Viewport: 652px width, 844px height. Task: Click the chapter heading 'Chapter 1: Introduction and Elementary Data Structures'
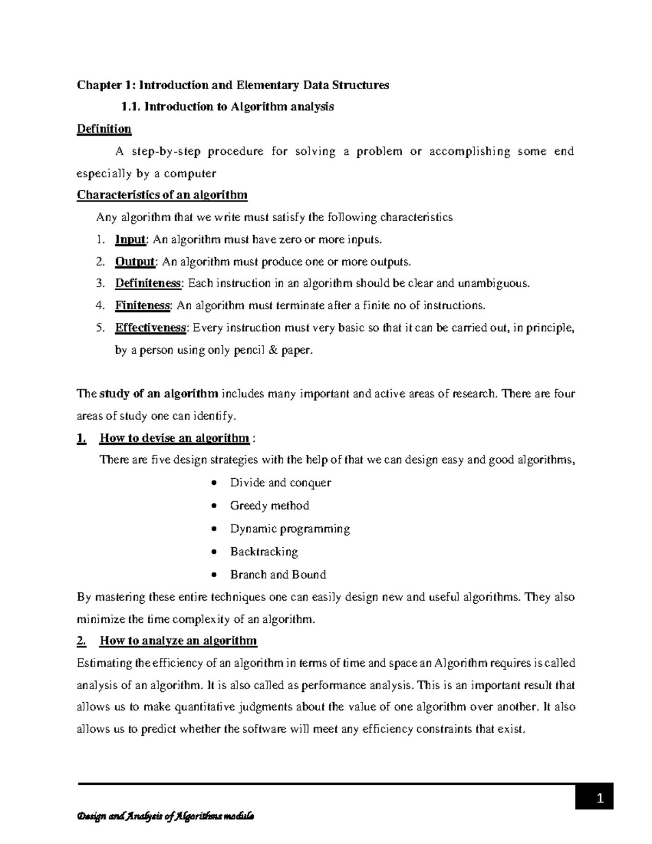tap(233, 85)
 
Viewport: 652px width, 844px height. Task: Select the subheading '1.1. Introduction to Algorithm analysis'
tap(228, 107)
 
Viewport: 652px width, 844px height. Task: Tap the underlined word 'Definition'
tap(104, 129)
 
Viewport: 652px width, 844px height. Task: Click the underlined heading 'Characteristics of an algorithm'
tap(162, 195)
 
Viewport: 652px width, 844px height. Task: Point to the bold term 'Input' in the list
tap(130, 239)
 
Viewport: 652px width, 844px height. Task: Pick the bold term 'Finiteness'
tap(143, 305)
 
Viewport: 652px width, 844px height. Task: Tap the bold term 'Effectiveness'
tap(151, 328)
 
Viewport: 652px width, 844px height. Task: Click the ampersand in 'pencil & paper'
tap(272, 351)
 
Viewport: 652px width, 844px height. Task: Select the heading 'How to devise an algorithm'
tap(174, 438)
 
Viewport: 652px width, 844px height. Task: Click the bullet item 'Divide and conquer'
tap(280, 483)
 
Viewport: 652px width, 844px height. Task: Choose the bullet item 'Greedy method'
tap(269, 505)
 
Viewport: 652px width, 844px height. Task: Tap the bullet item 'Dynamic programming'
tap(290, 529)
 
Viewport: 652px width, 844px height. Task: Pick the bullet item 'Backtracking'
tap(264, 552)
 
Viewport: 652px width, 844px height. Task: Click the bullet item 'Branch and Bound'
tap(278, 574)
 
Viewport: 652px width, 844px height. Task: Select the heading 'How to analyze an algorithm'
tap(178, 641)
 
